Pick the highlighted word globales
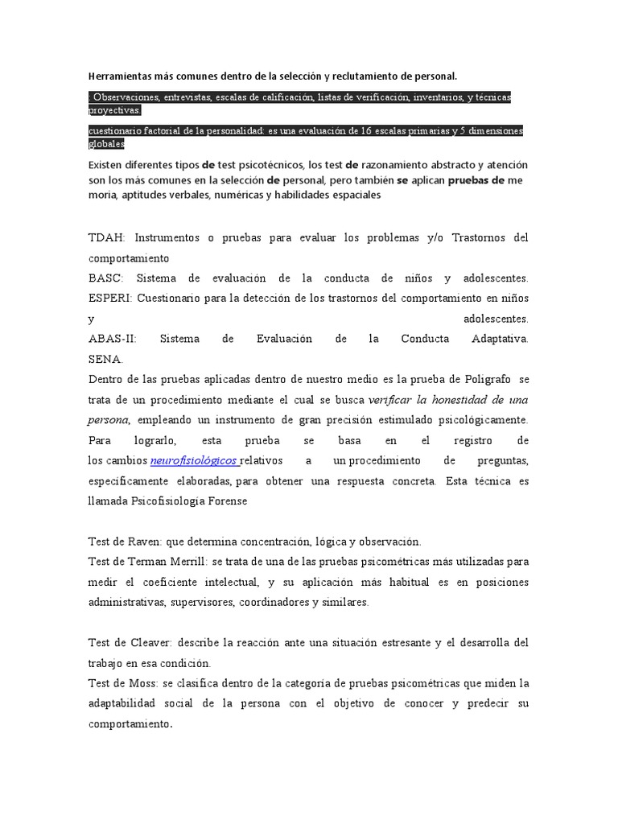(x=106, y=143)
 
